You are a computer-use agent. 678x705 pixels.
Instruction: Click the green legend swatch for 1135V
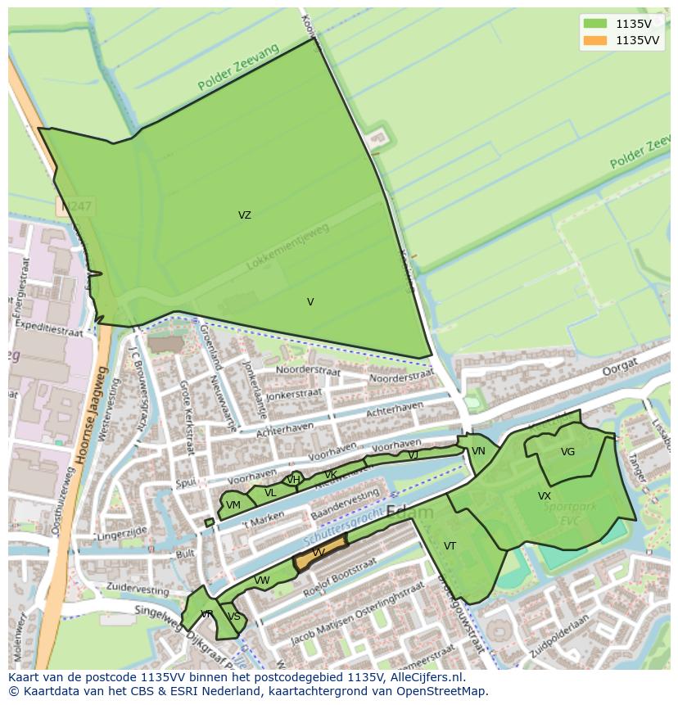pos(596,25)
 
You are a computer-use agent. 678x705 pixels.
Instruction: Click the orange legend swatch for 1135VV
pos(596,40)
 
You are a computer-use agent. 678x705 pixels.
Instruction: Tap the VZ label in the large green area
pos(245,215)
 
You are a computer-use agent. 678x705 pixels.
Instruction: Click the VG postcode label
pos(567,452)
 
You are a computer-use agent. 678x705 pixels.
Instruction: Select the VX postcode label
pos(545,496)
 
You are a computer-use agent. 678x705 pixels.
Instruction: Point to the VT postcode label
pos(450,546)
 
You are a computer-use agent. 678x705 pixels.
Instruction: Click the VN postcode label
pos(478,451)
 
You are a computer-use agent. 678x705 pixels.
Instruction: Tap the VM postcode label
pos(233,505)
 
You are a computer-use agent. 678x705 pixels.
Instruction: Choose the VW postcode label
pos(262,581)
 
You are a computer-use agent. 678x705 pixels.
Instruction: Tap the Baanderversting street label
pos(345,505)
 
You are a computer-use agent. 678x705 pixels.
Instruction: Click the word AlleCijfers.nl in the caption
pos(426,677)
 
